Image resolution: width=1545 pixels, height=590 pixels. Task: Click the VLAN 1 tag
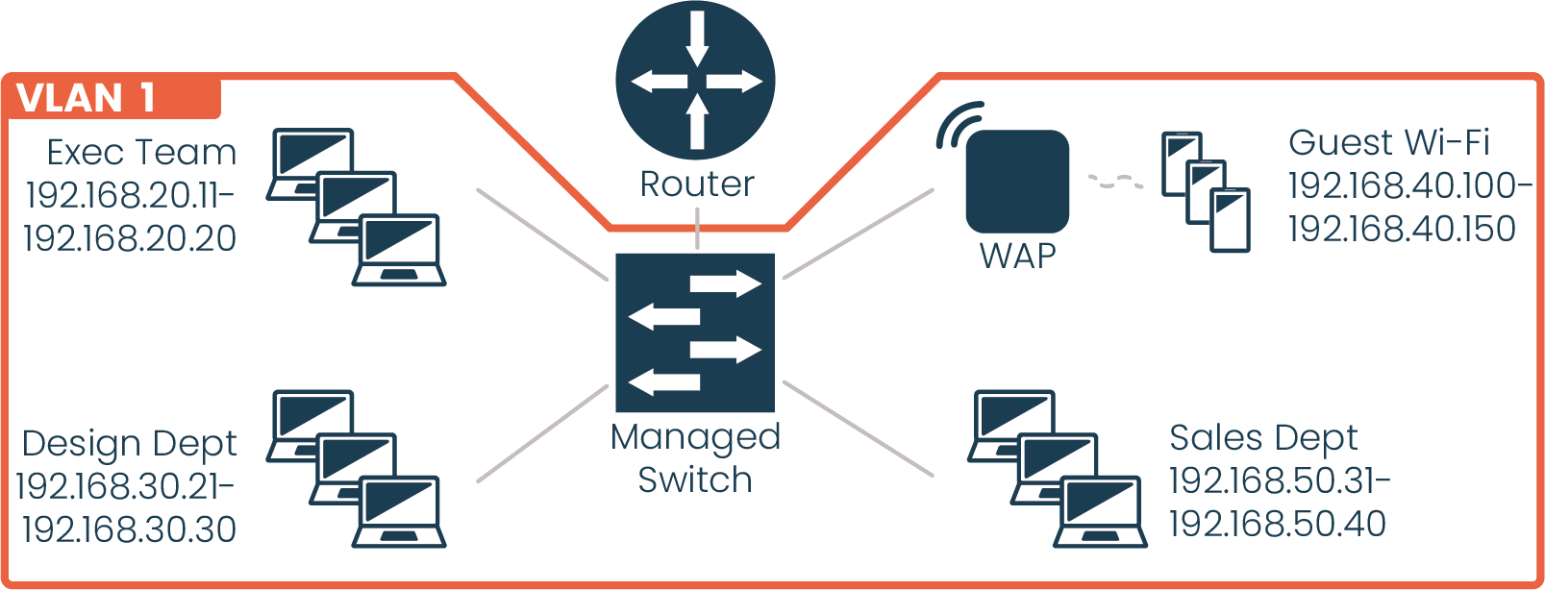(87, 98)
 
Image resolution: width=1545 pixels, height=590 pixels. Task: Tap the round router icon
(696, 81)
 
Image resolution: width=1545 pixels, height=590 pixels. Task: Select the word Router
(697, 184)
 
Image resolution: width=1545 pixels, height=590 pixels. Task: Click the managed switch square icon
(695, 332)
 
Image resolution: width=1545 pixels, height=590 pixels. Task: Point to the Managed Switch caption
(695, 457)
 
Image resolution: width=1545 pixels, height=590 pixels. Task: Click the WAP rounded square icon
(1017, 182)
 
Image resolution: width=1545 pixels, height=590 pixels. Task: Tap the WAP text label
(1017, 256)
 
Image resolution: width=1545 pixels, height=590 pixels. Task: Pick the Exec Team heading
(141, 152)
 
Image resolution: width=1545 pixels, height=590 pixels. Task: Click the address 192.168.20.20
(130, 237)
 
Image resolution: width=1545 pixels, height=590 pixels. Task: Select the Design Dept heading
(129, 443)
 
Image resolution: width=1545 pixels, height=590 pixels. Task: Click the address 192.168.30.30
(129, 529)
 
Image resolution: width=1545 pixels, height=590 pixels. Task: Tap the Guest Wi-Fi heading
(1388, 142)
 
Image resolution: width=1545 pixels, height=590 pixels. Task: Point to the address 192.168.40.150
(1402, 228)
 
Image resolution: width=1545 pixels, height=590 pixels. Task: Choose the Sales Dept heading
(1262, 437)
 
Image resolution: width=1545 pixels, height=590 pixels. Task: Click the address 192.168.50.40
(1277, 524)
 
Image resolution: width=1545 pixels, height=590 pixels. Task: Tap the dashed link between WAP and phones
(1115, 181)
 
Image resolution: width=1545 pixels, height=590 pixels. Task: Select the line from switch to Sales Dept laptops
(858, 428)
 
